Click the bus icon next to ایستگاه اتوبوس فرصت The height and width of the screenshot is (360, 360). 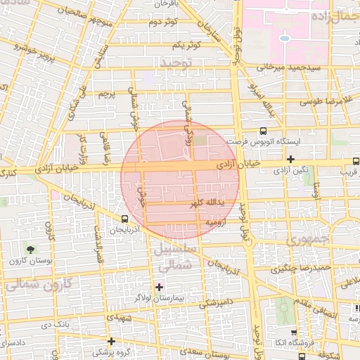pos(263,131)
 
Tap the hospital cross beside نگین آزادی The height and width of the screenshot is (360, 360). pos(290,159)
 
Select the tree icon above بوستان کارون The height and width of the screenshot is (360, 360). pos(30,249)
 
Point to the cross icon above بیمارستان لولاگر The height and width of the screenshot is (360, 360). pos(159,286)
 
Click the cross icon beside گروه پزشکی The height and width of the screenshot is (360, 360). pos(112,340)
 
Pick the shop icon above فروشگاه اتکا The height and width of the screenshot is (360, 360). pos(292,330)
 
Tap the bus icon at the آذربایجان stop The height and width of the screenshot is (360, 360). pos(124,218)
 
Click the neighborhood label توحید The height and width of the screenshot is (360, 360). pos(176,64)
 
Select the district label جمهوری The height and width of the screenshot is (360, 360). pos(304,240)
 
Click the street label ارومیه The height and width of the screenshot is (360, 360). pos(219,221)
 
